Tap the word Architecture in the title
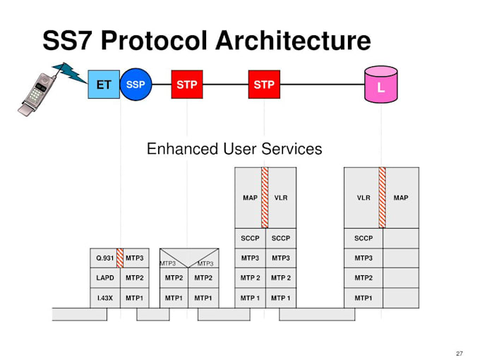[x=290, y=40]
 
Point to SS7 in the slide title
[x=68, y=40]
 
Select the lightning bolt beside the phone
[x=70, y=71]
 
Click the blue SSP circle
[x=135, y=85]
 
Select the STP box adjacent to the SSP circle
[x=187, y=85]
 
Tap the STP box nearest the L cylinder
[x=264, y=85]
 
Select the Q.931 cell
[x=104, y=258]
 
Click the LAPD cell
[x=105, y=278]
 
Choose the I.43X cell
[x=105, y=298]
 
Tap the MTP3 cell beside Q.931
[x=135, y=258]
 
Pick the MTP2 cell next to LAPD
[x=135, y=278]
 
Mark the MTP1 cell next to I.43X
[x=135, y=298]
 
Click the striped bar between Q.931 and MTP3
[x=120, y=258]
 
